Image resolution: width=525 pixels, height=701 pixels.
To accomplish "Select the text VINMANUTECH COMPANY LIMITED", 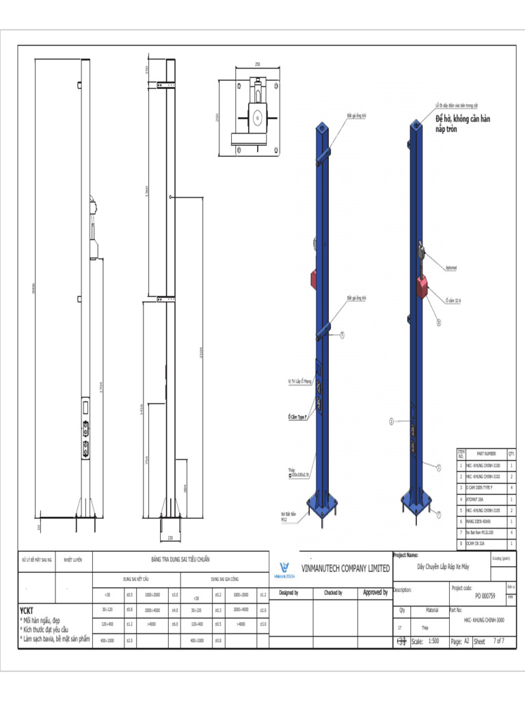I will [x=346, y=568].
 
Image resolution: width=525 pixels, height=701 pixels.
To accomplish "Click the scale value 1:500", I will [x=433, y=641].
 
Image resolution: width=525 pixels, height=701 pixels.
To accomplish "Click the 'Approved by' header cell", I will [x=375, y=592].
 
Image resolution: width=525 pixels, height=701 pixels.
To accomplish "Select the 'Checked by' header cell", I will [x=333, y=593].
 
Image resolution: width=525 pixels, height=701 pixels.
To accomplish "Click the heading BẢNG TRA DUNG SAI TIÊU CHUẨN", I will [x=180, y=559].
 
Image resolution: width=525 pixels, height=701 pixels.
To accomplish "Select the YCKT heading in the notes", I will [x=26, y=609].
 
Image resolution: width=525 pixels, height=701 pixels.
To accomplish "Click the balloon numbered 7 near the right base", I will [x=439, y=513].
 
